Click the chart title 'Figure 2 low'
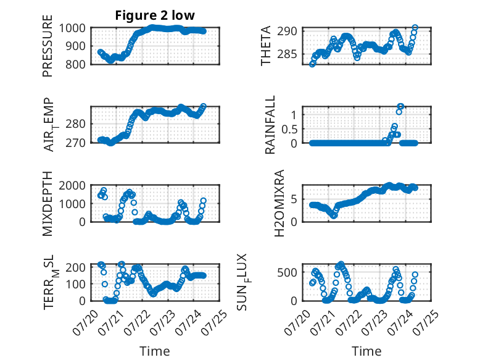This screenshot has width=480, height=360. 155,15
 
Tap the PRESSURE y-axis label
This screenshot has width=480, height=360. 48,46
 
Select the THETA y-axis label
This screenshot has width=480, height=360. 266,46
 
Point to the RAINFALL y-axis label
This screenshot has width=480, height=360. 270,125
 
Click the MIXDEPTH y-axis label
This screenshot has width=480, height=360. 48,203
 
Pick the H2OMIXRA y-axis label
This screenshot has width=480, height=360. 279,203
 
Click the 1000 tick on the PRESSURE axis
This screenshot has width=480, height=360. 72,28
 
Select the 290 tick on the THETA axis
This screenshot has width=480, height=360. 287,31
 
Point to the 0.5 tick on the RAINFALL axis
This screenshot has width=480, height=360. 289,129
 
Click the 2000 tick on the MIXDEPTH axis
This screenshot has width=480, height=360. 72,185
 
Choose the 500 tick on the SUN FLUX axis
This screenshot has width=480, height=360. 287,272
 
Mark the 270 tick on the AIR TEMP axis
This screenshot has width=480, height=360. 75,143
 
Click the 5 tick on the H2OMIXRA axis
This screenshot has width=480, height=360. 294,199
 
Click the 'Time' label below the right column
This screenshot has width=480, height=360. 366,351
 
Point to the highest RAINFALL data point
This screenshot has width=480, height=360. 400,106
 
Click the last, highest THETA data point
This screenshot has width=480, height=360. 415,28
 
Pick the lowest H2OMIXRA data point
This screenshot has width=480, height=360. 334,216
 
